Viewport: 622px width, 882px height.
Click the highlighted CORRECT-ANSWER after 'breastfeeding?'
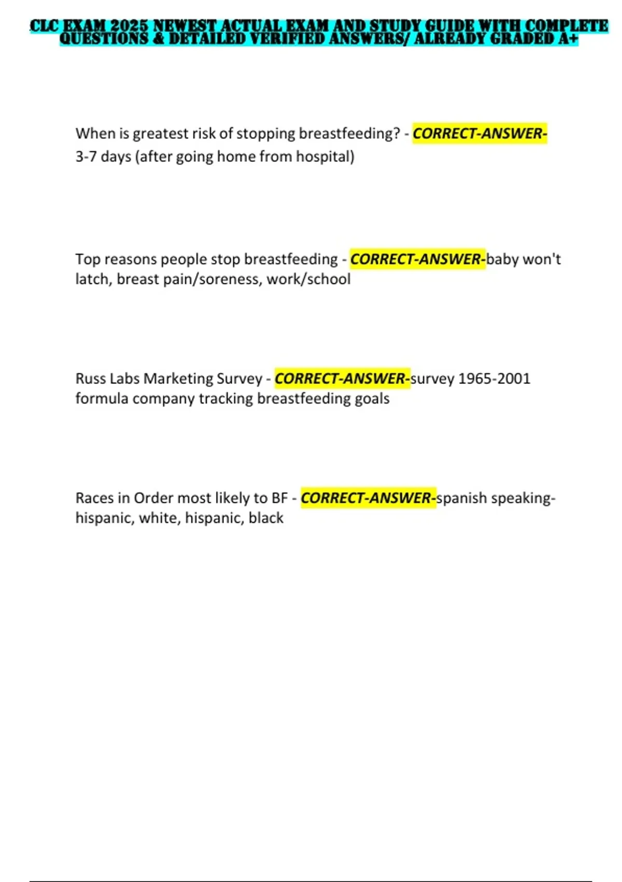[479, 134]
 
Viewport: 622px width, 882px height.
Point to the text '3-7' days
[86, 157]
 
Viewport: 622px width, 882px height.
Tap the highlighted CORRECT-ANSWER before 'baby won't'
[418, 259]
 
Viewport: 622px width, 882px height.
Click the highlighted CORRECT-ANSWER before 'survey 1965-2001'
[342, 379]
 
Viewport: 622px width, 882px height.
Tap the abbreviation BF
[279, 498]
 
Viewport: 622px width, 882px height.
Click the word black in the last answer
[266, 518]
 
